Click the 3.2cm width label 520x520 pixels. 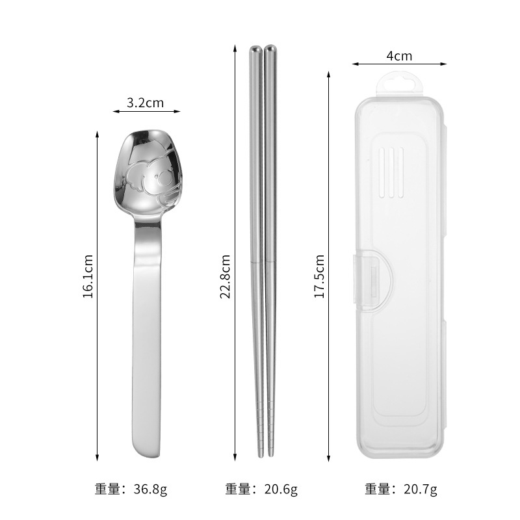tap(145, 103)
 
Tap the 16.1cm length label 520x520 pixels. tap(88, 277)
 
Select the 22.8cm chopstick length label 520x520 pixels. tap(225, 277)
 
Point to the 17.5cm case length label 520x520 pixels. tap(319, 277)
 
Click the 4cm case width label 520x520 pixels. tap(399, 56)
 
